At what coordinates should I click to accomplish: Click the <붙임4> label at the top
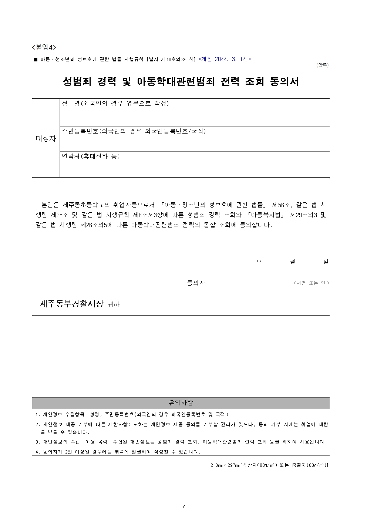[x=44, y=47]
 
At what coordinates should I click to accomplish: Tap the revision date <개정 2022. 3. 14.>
[x=225, y=59]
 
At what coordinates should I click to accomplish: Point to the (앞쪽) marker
[x=322, y=65]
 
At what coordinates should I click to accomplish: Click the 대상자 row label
[x=46, y=139]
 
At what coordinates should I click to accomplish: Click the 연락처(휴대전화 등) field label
[x=91, y=156]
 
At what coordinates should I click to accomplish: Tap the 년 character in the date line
[x=259, y=262]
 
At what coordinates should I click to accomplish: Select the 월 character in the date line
[x=293, y=262]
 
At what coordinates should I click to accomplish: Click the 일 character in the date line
[x=326, y=262]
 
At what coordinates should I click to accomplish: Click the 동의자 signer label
[x=196, y=283]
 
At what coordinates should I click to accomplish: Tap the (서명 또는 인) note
[x=311, y=283]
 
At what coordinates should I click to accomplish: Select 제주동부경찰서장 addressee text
[x=71, y=304]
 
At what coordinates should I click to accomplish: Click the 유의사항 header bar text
[x=181, y=403]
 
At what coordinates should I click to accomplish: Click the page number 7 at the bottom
[x=183, y=507]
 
